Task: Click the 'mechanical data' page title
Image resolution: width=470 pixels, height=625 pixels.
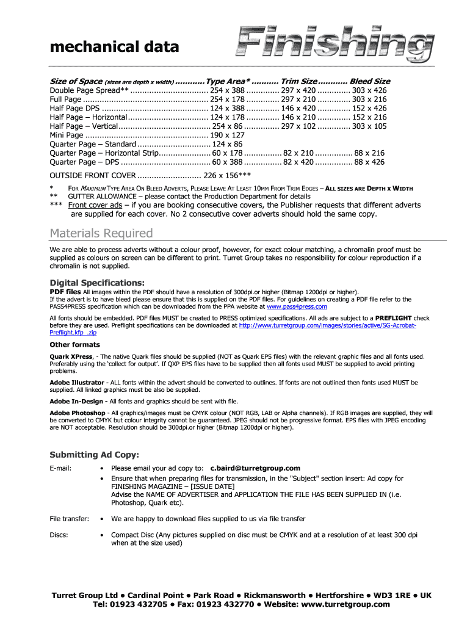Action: pyautogui.click(x=114, y=47)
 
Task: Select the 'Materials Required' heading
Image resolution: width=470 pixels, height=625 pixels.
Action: pyautogui.click(x=101, y=233)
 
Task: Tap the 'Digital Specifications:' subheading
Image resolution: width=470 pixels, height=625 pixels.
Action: pyautogui.click(x=97, y=283)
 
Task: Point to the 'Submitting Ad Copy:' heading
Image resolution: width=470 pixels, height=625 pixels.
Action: pyautogui.click(x=94, y=455)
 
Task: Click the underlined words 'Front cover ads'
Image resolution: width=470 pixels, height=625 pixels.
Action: pyautogui.click(x=95, y=205)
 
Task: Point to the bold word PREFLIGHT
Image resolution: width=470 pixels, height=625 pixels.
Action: pyautogui.click(x=393, y=318)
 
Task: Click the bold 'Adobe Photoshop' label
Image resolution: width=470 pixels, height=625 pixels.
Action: pyautogui.click(x=77, y=413)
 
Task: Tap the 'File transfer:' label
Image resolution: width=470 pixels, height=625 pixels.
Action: pyautogui.click(x=69, y=519)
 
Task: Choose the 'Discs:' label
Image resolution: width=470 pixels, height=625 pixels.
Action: pyautogui.click(x=59, y=535)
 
